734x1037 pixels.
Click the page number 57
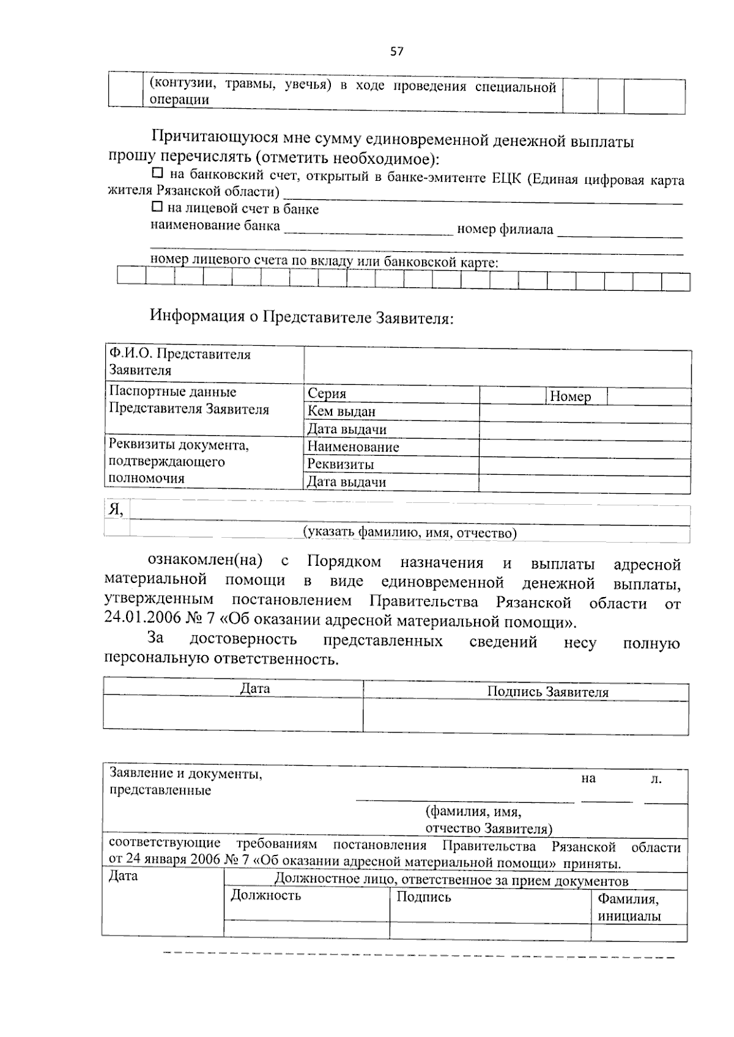[397, 51]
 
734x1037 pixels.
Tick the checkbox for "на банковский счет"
[157, 174]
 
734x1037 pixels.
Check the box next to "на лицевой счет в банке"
[157, 207]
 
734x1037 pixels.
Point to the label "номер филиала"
[505, 229]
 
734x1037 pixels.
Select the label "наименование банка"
[215, 225]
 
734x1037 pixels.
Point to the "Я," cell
[116, 510]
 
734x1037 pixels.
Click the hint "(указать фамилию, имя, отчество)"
[410, 533]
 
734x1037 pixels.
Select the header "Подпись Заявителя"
[547, 692]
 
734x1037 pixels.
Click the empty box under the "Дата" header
[232, 713]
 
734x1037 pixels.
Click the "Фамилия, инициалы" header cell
[629, 907]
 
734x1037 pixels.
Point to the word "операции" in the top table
[179, 100]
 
